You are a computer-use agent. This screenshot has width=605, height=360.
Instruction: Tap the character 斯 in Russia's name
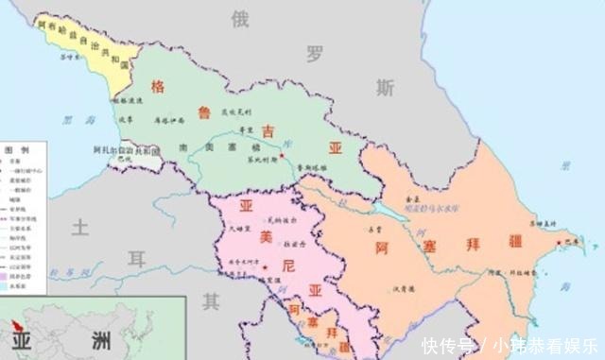384,88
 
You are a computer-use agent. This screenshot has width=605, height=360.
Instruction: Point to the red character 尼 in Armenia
289,266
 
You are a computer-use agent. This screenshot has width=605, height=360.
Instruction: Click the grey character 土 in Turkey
81,227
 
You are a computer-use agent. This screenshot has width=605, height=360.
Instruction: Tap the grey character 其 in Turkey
211,302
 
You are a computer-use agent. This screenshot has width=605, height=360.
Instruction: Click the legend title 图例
17,151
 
